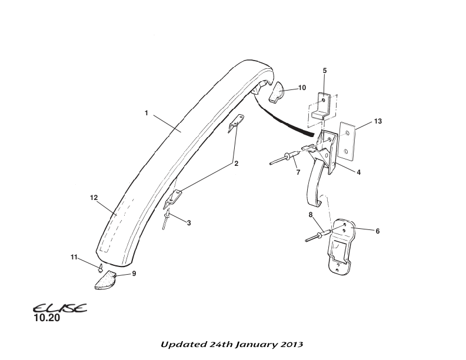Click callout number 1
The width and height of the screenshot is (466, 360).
[x=146, y=113]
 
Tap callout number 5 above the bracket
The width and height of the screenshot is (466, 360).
[x=324, y=71]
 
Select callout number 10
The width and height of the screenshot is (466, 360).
[x=302, y=88]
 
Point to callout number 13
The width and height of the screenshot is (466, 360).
[x=378, y=121]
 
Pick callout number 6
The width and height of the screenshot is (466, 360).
[x=377, y=231]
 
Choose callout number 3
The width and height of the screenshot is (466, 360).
[x=189, y=223]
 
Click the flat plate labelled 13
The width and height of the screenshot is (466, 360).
[x=347, y=143]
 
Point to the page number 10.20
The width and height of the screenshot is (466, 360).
[x=46, y=319]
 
